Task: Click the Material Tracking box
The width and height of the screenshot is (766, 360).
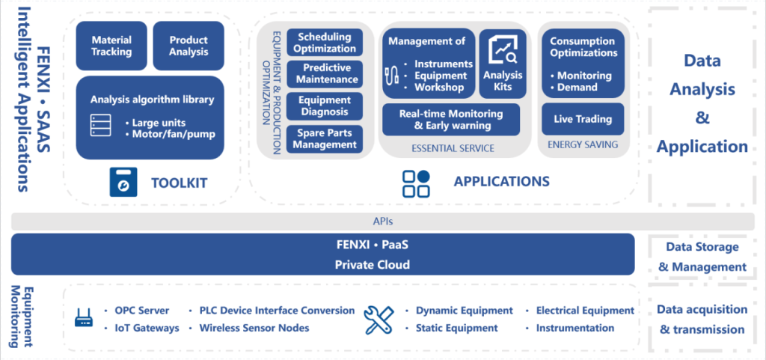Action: point(111,46)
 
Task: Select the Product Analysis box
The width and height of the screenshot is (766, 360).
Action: point(189,46)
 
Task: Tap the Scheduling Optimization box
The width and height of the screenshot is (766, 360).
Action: point(325,43)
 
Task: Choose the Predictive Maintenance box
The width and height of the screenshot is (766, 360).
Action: point(325,74)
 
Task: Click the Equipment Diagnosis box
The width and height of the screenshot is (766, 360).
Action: point(325,106)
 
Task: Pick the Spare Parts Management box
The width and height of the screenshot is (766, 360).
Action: point(325,139)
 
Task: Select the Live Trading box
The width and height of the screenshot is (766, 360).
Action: point(583,119)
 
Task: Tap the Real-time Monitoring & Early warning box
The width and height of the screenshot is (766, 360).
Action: point(451,120)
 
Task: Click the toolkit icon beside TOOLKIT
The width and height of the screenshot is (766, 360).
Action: point(123,182)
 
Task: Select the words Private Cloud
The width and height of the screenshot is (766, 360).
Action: point(373,265)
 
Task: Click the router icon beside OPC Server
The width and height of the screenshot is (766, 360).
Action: point(84,320)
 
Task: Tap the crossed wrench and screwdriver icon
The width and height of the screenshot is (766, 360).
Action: point(379,320)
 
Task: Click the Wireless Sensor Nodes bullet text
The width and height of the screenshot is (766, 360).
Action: point(254,329)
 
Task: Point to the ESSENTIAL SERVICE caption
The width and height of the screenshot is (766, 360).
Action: point(453,148)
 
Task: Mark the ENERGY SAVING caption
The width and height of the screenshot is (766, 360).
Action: point(583,144)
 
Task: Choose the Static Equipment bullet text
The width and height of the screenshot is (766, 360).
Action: point(457,329)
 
